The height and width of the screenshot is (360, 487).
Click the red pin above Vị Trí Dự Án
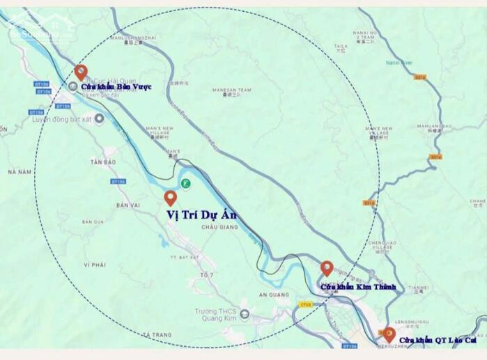[x=171, y=198]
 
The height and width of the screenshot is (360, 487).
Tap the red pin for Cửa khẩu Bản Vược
[x=81, y=71]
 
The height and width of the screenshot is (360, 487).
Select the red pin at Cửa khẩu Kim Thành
[x=327, y=268]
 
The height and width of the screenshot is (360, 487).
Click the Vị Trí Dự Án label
[x=201, y=215]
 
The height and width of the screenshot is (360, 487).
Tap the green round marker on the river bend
[x=185, y=183]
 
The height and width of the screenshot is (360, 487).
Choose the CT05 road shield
[x=305, y=304]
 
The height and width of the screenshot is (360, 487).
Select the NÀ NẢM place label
[x=20, y=171]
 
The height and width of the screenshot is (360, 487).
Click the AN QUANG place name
[x=273, y=295]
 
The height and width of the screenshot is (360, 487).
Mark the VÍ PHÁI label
[x=94, y=265]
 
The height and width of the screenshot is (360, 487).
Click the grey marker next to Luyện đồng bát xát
[x=99, y=119]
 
